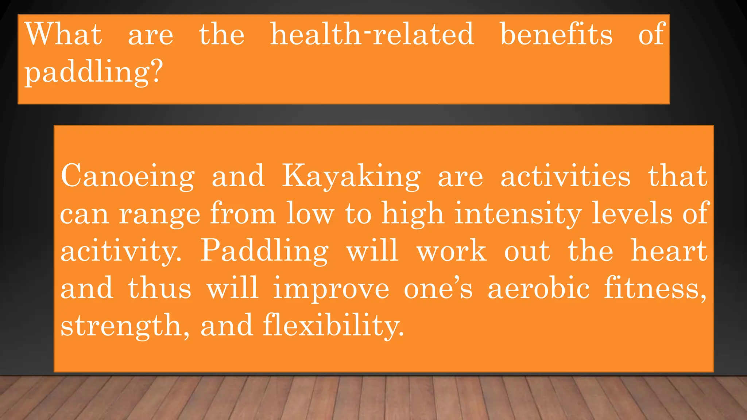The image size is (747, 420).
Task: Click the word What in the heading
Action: click(63, 34)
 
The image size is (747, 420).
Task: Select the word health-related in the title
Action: click(372, 34)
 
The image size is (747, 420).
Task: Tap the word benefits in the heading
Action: click(556, 34)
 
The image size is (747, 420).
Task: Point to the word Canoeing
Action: click(128, 176)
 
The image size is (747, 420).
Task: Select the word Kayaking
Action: click(351, 176)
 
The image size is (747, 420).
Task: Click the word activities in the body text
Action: click(565, 176)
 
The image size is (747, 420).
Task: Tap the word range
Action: click(159, 214)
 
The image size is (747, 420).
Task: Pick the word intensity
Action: click(518, 214)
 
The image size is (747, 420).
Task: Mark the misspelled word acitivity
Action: click(120, 252)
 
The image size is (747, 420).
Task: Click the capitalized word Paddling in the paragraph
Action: click(264, 252)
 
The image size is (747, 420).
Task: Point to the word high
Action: click(413, 214)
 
